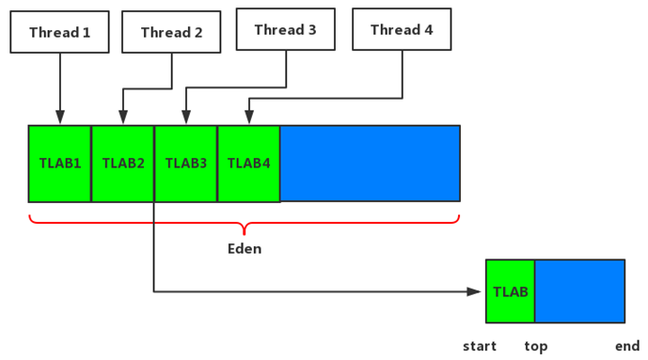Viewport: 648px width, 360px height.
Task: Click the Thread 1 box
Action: pos(60,33)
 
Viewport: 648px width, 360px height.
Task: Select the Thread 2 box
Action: pos(171,33)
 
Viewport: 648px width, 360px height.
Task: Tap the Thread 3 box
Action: pos(285,30)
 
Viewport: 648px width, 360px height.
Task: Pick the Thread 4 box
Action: pos(402,30)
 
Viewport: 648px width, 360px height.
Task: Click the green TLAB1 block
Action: pos(60,164)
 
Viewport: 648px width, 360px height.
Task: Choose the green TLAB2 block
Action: pos(123,164)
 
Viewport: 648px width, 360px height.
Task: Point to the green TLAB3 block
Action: pos(186,164)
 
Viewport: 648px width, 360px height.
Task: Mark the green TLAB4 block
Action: pos(249,164)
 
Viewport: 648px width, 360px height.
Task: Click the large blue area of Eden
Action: pos(370,164)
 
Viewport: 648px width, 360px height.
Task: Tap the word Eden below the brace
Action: pos(245,249)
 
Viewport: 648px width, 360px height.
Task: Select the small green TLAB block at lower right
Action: pos(511,291)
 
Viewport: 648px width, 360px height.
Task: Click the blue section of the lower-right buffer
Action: pos(579,291)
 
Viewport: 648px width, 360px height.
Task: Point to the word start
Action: pos(480,346)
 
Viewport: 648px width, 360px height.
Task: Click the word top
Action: pos(536,346)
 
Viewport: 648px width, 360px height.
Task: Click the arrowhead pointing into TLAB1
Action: pos(60,118)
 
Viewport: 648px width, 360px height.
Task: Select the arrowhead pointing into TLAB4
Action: pos(249,118)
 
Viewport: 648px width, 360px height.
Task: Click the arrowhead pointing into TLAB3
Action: pos(186,118)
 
